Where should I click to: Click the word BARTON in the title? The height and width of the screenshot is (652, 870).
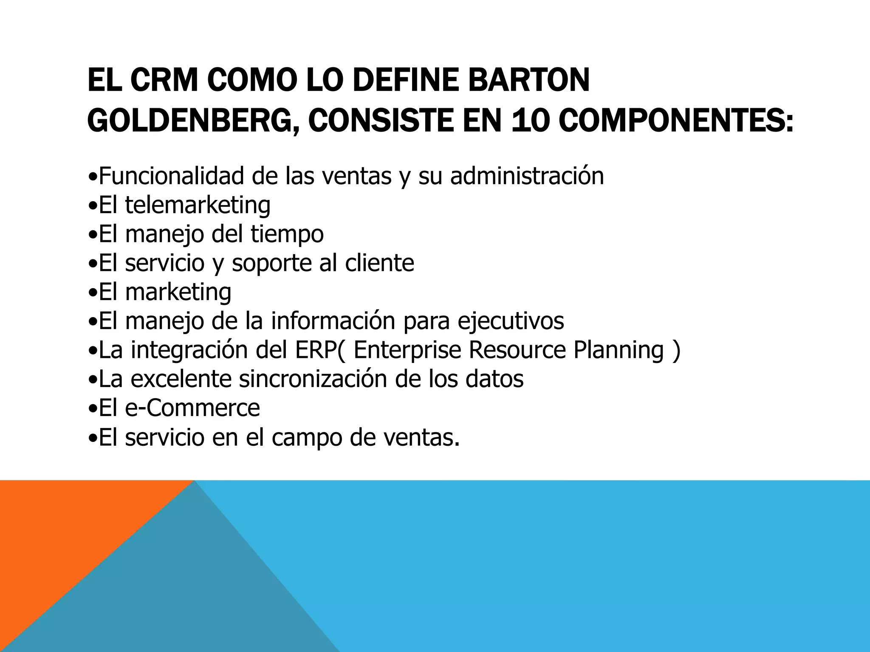coord(528,80)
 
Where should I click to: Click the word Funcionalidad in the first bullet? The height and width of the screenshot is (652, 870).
coord(172,176)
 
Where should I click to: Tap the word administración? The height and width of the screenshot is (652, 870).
coord(527,176)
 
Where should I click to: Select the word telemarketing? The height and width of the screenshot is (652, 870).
coord(198,205)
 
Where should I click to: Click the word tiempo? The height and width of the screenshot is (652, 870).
coord(287,234)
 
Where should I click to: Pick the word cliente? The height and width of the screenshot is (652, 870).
coord(379,263)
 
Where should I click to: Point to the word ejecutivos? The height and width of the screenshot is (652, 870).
coord(511,321)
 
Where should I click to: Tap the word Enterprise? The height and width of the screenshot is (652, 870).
coord(407,351)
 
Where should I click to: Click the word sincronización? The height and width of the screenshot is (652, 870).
coord(313,379)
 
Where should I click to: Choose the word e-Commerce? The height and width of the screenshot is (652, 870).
coord(192,408)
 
